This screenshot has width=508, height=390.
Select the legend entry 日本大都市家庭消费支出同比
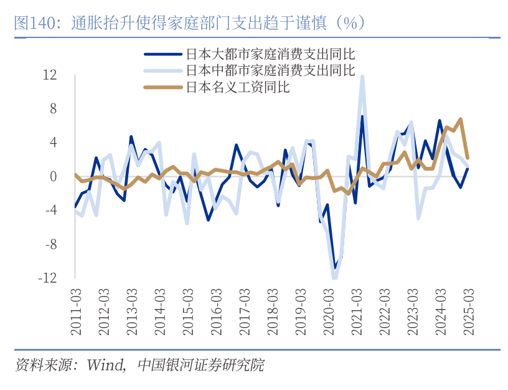tap(270, 53)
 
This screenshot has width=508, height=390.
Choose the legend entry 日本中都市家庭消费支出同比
tap(270, 70)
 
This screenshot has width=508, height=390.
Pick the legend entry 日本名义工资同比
tap(237, 87)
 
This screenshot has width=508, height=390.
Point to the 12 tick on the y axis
tap(50, 75)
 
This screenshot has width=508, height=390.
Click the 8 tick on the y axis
tap(53, 109)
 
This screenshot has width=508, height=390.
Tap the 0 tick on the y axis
tap(53, 176)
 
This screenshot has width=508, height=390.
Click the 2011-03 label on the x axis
tap(76, 312)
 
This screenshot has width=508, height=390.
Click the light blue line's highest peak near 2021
tap(362, 77)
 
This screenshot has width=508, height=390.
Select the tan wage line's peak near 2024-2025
tap(461, 119)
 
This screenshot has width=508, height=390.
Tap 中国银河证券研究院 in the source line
tap(200, 365)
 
